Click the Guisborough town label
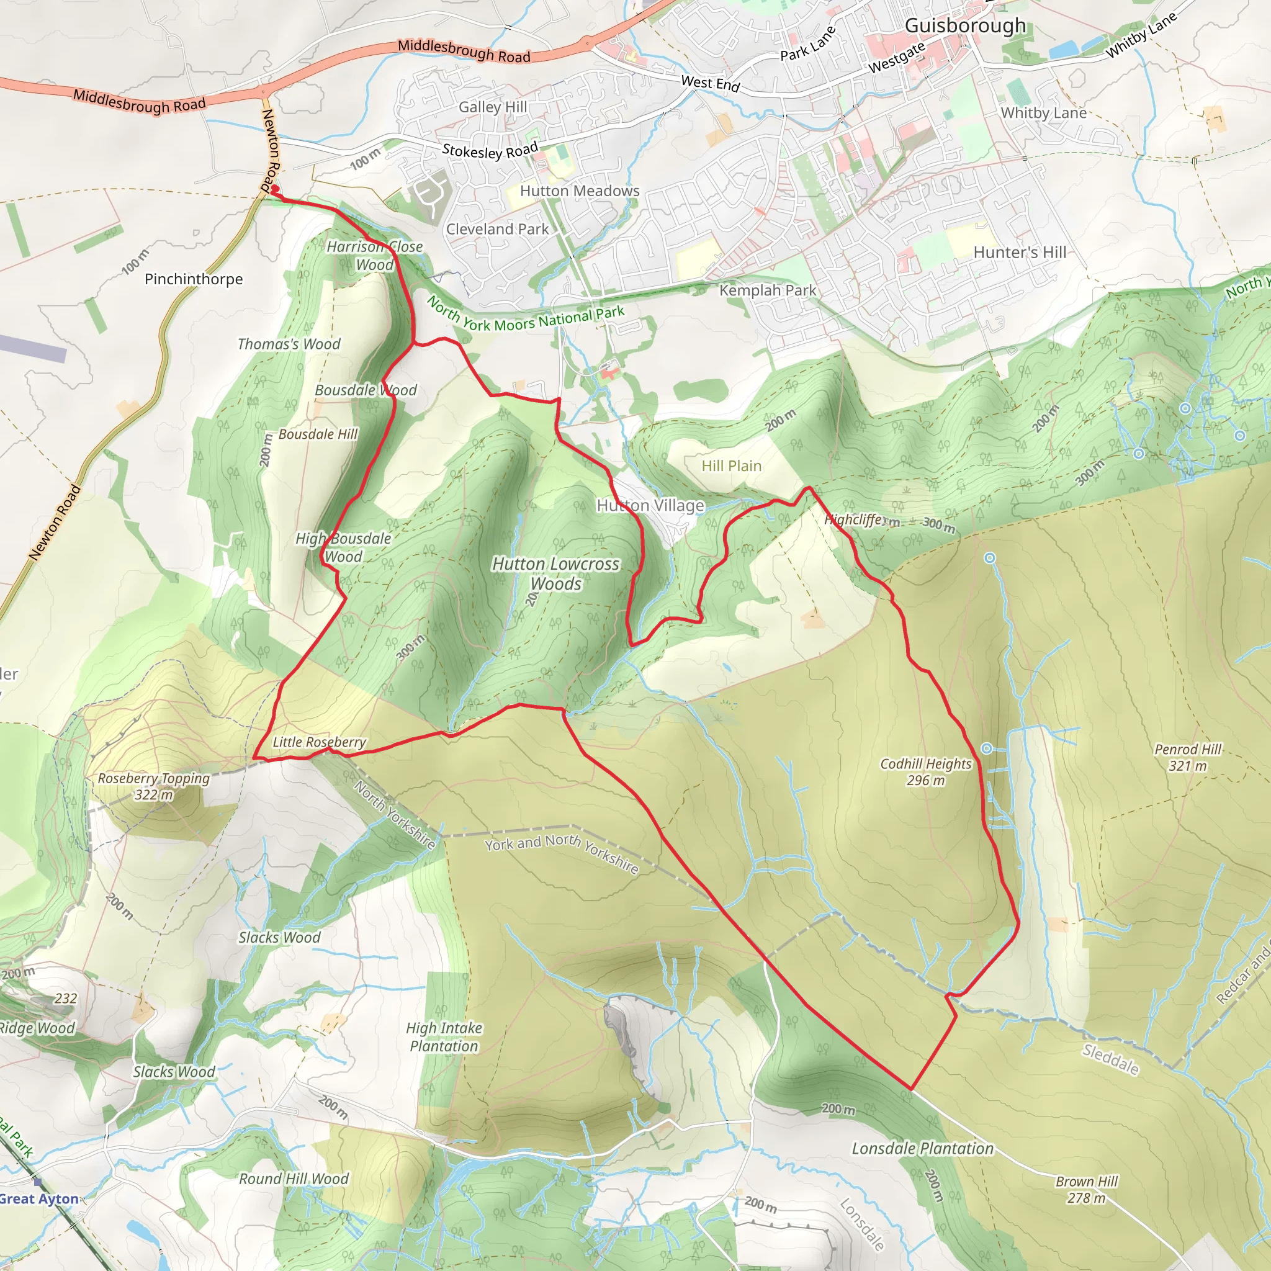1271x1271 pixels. [x=965, y=25]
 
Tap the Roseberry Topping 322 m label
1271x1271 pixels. [x=154, y=786]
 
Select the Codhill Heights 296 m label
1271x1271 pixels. [x=925, y=771]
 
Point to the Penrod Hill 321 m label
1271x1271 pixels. [x=1187, y=757]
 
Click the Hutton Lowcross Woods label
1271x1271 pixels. [x=556, y=573]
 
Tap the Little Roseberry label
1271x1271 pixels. [x=319, y=742]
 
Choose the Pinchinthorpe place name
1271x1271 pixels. [x=194, y=279]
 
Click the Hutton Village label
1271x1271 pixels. [x=650, y=505]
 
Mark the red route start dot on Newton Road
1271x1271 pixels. [x=275, y=189]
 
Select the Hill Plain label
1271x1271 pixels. [x=731, y=466]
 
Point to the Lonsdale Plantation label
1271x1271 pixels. [x=922, y=1149]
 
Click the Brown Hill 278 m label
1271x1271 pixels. [x=1086, y=1190]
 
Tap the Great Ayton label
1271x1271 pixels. [x=40, y=1198]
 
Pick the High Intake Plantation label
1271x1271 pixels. [x=444, y=1037]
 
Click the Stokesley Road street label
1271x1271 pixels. [x=490, y=151]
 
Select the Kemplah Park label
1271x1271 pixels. [x=767, y=290]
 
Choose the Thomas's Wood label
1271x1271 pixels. [x=289, y=344]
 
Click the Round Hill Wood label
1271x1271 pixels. [x=294, y=1179]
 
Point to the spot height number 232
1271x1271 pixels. [x=66, y=998]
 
